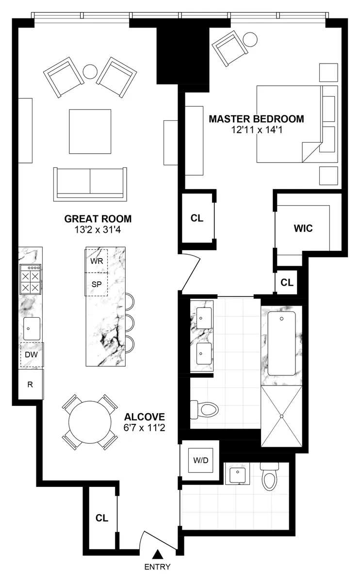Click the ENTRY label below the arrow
157,566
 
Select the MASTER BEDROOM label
256,119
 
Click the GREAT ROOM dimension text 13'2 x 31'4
98,230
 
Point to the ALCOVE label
145,417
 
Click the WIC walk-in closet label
303,228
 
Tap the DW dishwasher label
32,355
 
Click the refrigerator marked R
31,385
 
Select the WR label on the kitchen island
97,260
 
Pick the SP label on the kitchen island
97,285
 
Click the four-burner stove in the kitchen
30,280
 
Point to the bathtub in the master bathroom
281,343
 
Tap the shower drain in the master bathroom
281,416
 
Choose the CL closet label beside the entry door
101,518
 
